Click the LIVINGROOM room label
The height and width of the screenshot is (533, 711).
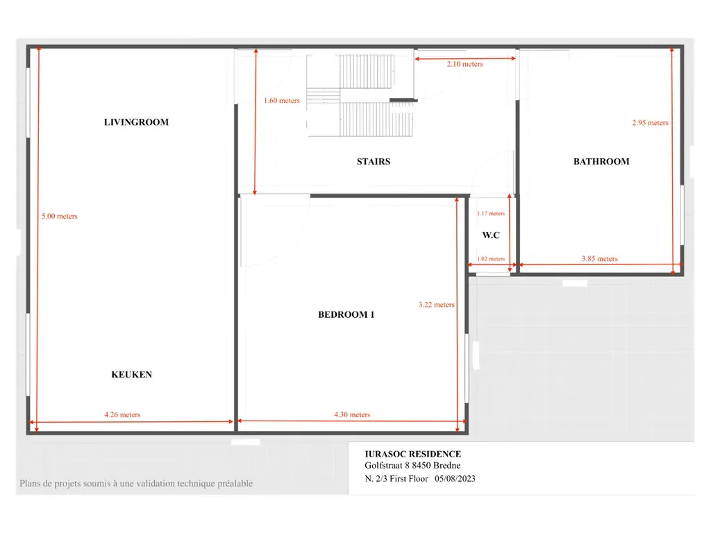136,122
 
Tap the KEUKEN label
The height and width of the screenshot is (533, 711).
131,374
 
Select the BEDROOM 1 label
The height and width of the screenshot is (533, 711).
346,314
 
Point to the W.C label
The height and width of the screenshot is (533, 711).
491,235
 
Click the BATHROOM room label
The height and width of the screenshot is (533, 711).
601,161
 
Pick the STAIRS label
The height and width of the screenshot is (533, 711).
373,161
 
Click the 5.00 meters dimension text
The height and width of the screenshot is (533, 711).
60,217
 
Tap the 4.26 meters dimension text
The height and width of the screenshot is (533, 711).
122,414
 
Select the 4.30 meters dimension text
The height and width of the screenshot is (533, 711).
352,414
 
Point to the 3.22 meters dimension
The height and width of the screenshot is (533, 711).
436,305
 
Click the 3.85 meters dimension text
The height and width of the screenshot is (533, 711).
599,258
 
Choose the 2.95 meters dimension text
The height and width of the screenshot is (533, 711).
650,122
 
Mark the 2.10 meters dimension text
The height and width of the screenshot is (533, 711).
465,64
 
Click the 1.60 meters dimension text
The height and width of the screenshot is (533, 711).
282,100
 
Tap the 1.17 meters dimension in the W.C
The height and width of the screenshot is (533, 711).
491,214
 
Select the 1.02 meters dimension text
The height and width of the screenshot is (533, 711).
491,259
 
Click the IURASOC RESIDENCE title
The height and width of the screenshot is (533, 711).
412,454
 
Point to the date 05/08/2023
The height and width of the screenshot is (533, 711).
455,479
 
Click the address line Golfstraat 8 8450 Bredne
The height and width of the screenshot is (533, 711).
412,466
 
